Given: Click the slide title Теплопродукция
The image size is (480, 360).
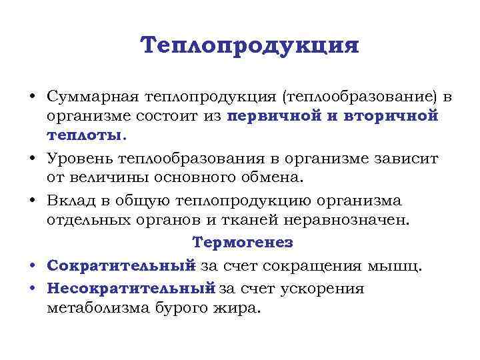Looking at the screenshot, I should tap(250, 46).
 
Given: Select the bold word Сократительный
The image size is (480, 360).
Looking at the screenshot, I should tap(121, 266).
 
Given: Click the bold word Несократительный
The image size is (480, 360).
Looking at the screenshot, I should tap(131, 289).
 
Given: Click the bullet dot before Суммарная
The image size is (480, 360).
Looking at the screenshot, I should tap(32, 97).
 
